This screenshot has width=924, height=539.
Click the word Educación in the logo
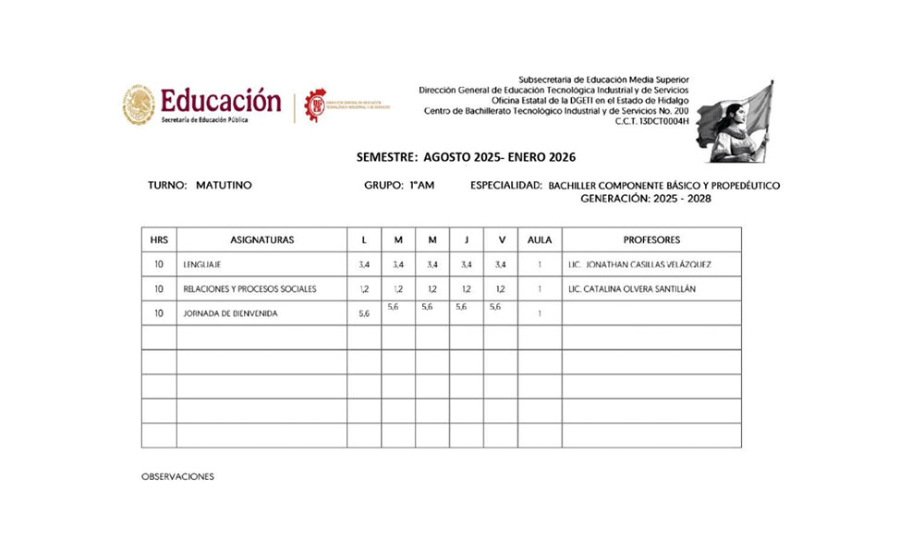[x=220, y=100]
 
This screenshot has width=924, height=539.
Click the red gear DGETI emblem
[x=317, y=105]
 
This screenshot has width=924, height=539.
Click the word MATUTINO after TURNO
[x=224, y=186]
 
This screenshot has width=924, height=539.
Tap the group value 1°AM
[x=421, y=186]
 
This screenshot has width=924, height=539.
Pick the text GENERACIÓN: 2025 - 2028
[x=646, y=199]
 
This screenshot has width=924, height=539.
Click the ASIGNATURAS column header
[x=261, y=240]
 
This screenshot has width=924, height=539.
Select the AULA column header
[x=539, y=240]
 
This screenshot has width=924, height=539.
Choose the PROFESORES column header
[x=651, y=240]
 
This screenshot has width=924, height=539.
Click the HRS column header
[x=159, y=240]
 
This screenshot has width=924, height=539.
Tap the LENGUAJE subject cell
[x=202, y=265]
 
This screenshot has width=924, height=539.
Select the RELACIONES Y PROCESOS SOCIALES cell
[x=249, y=289]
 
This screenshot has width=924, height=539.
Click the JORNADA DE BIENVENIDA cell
[x=230, y=314]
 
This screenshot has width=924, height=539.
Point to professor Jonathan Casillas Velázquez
[x=640, y=265]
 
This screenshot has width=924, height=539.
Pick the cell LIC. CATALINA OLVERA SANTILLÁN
[x=633, y=289]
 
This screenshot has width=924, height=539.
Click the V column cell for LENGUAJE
[x=501, y=265]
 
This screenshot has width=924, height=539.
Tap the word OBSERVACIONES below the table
[x=177, y=477]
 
